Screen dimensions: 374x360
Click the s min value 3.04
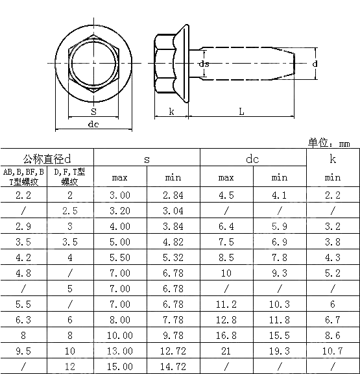pyautogui.click(x=173, y=211)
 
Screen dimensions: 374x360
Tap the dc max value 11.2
pyautogui.click(x=226, y=305)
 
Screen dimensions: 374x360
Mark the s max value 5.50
pyautogui.click(x=120, y=258)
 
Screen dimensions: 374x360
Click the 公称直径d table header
pyautogui.click(x=47, y=158)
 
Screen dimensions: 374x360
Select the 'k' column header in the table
pyautogui.click(x=332, y=158)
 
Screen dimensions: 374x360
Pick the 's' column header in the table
pyautogui.click(x=147, y=158)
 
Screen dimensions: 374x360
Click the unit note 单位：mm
pyautogui.click(x=329, y=143)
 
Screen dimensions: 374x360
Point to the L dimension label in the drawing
pyautogui.click(x=241, y=112)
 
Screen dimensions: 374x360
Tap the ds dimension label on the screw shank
pyautogui.click(x=203, y=64)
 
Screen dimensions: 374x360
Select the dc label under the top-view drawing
pyautogui.click(x=93, y=125)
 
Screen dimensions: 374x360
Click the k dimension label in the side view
pyautogui.click(x=171, y=112)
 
